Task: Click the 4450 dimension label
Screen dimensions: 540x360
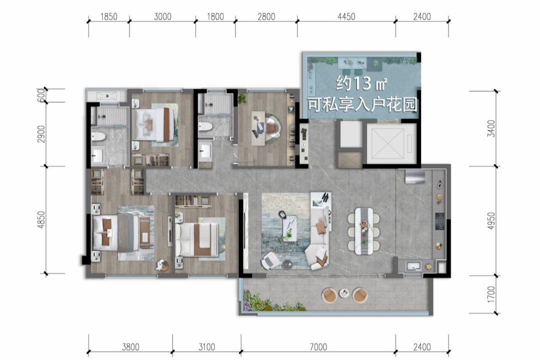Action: coord(346,16)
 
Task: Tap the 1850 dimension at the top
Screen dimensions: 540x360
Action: coord(109,16)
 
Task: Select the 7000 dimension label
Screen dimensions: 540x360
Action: coord(318,346)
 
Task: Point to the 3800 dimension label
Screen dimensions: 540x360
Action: coord(130,346)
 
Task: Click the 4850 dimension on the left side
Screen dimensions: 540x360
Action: coord(41,220)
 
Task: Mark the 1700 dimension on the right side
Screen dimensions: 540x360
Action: coord(491,294)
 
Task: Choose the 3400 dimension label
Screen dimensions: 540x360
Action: coord(491,128)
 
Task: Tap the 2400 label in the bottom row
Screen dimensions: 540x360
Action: coord(422,346)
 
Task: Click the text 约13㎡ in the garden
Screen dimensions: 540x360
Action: coord(361,83)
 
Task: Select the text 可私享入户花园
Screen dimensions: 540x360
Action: coord(362,104)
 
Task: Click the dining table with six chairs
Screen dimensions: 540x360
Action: coord(363,231)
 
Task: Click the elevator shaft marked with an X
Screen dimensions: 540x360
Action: coord(391,143)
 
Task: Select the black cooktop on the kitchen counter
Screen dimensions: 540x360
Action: coord(439,221)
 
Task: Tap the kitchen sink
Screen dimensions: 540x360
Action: coord(413,266)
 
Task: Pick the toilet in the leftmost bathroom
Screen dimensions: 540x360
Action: coord(98,137)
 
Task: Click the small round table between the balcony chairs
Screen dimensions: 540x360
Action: coord(344,293)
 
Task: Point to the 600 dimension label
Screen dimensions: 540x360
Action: coord(41,95)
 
